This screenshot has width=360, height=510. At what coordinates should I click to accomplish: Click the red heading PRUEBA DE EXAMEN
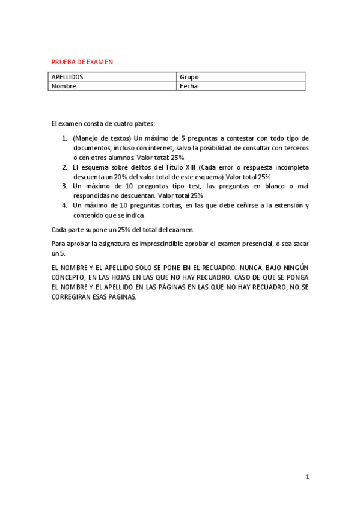82,61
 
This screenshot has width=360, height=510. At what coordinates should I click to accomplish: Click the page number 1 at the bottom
307,476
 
